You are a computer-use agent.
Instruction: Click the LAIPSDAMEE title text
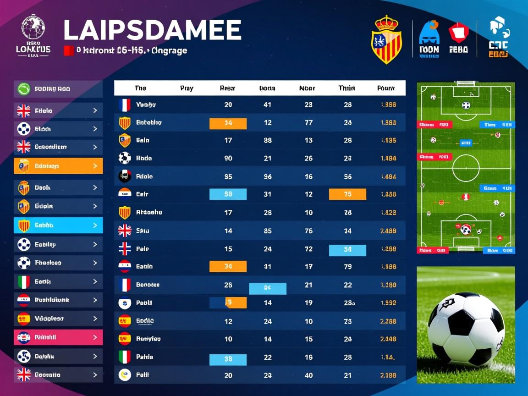(x=152, y=30)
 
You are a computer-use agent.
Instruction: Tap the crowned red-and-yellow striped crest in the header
(x=386, y=39)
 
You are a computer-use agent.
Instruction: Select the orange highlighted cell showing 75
(x=347, y=194)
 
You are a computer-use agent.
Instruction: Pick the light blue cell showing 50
(x=347, y=250)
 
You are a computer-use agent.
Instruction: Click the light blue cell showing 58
(x=228, y=194)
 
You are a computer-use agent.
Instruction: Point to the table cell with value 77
(x=308, y=123)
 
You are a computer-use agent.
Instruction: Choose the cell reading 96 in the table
(x=268, y=176)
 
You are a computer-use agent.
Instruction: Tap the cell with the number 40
(x=308, y=375)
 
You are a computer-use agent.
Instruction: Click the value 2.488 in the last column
(x=388, y=231)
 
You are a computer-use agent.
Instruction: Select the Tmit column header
(x=346, y=88)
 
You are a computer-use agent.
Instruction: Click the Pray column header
(x=187, y=88)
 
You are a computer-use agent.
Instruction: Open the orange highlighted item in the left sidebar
(x=58, y=166)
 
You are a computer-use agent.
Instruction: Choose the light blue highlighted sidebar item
(x=58, y=225)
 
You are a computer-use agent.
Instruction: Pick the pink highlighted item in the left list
(x=58, y=337)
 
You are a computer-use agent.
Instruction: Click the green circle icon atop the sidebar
(x=23, y=89)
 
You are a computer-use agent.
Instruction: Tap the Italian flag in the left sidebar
(x=23, y=281)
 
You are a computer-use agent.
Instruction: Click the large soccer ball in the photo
(x=465, y=330)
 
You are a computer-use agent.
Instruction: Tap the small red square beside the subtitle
(x=68, y=50)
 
